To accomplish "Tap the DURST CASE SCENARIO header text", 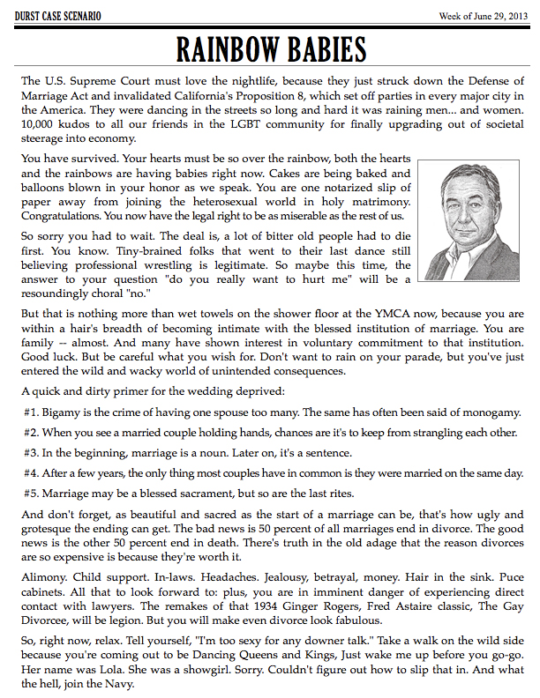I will click(57, 17).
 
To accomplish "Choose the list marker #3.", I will click(33, 452).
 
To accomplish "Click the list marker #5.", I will click(33, 494).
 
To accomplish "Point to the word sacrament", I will click(223, 494).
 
